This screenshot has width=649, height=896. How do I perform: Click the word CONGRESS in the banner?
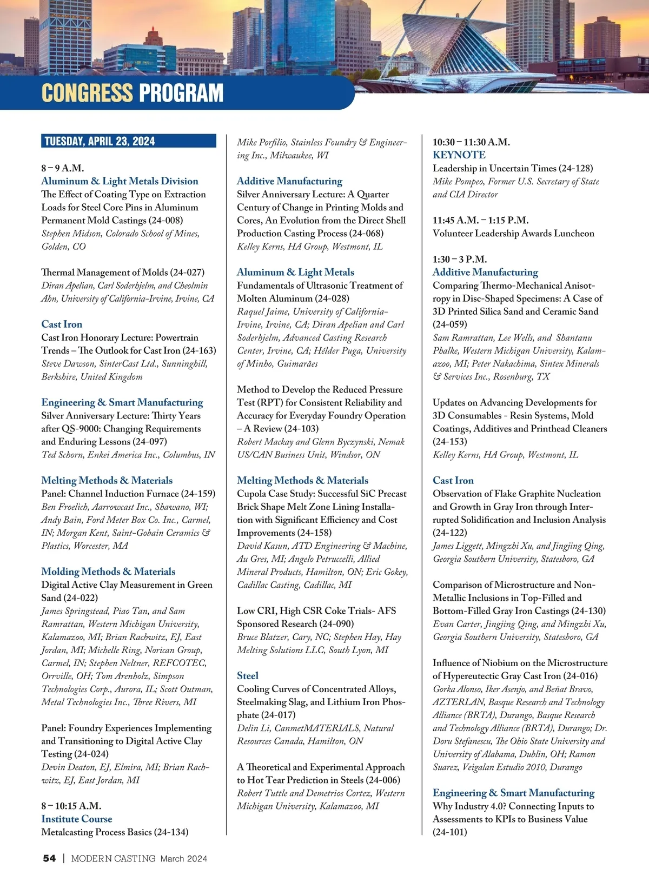click(87, 93)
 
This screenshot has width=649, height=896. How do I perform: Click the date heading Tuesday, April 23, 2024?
click(100, 142)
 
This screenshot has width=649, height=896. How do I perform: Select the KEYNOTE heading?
click(459, 155)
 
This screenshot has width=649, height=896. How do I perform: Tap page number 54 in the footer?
click(49, 858)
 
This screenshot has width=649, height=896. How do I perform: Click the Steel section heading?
click(248, 675)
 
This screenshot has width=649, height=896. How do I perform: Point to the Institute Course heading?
click(77, 819)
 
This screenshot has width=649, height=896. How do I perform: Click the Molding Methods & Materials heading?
click(108, 572)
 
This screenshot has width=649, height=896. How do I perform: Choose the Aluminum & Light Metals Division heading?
click(120, 181)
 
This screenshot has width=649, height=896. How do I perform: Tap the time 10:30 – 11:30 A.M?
click(471, 142)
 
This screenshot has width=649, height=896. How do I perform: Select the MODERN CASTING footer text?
click(113, 858)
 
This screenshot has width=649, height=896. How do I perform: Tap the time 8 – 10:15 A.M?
click(71, 806)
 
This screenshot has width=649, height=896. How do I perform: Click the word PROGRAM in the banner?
click(181, 93)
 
